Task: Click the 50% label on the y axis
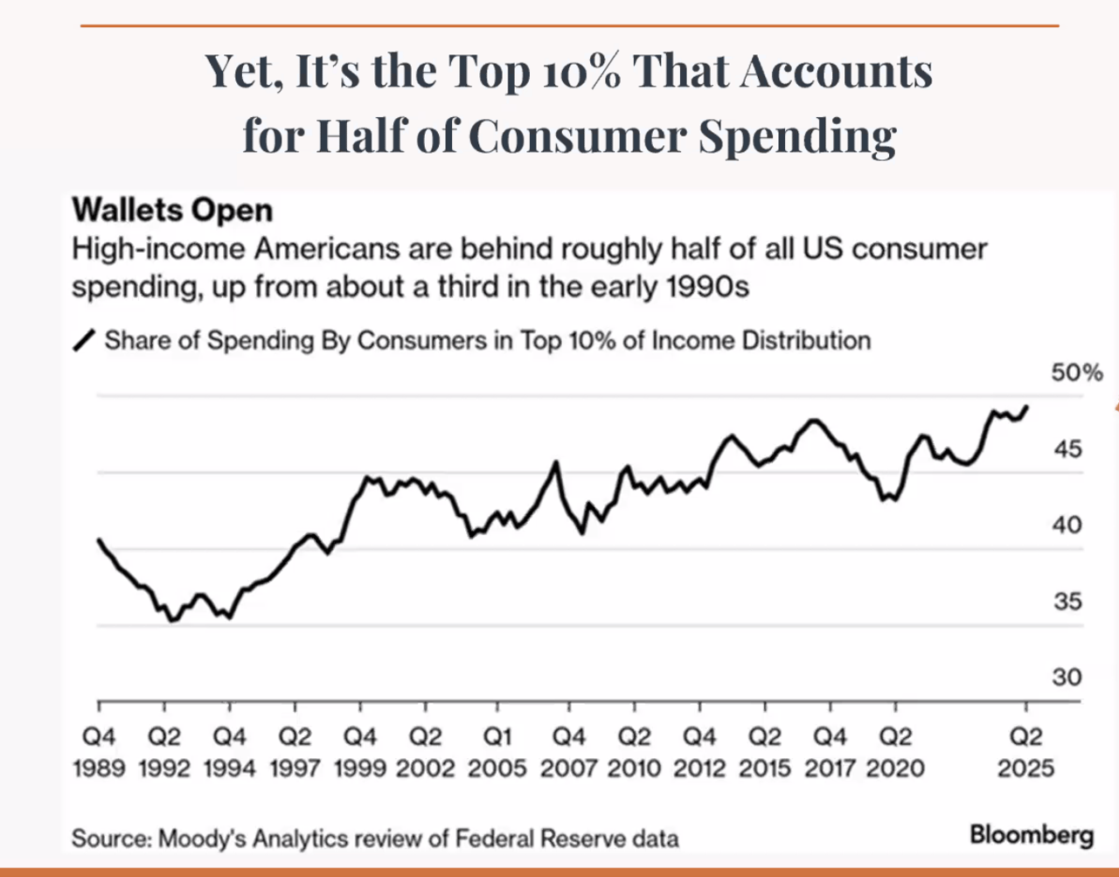click(x=1076, y=373)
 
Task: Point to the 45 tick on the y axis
click(x=1067, y=449)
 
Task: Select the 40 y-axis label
click(x=1067, y=526)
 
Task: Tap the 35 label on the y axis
click(x=1067, y=602)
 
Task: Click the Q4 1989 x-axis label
click(x=99, y=753)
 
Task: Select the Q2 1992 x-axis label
click(x=164, y=753)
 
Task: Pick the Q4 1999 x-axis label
click(x=360, y=753)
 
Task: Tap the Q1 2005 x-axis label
click(x=497, y=753)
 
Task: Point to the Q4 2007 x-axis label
click(x=568, y=753)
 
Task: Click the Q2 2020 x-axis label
click(x=894, y=753)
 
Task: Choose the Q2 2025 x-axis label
click(x=1026, y=753)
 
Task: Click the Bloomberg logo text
click(x=1032, y=834)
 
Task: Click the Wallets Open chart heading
click(x=172, y=211)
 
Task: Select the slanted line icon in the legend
click(x=85, y=341)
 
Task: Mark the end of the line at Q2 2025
click(x=1026, y=407)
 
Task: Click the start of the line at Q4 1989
click(x=99, y=539)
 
